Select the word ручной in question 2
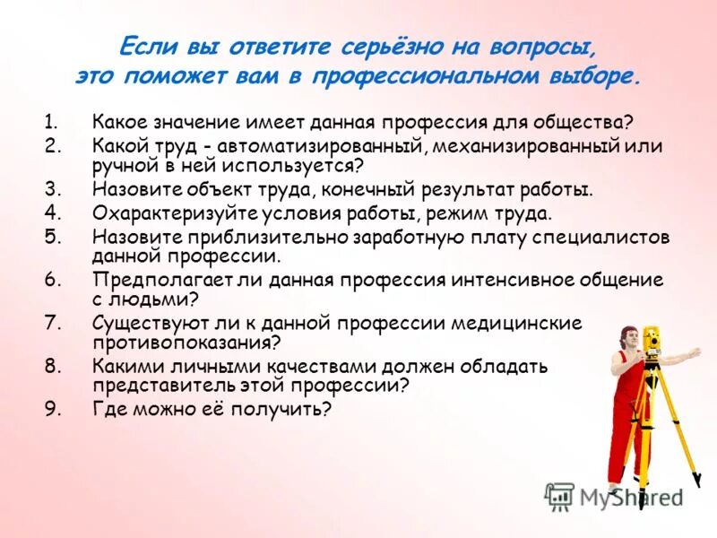(x=125, y=165)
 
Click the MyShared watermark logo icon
(x=558, y=494)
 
